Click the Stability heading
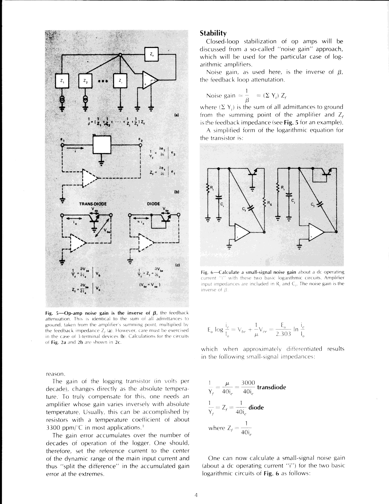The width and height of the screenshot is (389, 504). [x=213, y=33]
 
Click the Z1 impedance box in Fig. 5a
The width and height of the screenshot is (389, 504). [x=62, y=81]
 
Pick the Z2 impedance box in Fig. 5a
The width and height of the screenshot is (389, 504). [x=86, y=81]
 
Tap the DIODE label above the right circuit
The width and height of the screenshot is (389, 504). [x=154, y=204]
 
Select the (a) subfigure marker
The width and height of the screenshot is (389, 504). [x=176, y=115]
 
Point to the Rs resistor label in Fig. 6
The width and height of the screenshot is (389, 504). [x=270, y=202]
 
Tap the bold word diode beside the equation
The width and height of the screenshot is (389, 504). [x=256, y=407]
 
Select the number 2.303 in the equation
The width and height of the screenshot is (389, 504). [x=284, y=334]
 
